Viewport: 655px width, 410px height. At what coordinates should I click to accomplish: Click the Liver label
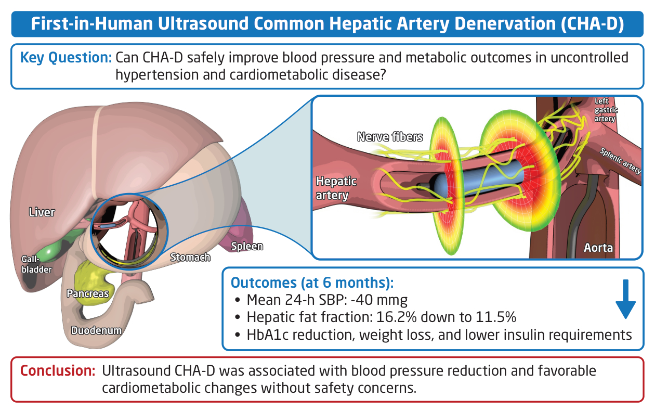42,212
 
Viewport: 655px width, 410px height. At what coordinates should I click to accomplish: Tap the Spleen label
247,246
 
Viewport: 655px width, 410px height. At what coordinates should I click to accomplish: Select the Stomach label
190,257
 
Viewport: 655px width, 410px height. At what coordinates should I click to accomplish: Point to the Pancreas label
88,293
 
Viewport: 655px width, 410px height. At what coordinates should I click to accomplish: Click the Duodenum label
96,330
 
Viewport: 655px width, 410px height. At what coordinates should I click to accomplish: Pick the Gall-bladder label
36,264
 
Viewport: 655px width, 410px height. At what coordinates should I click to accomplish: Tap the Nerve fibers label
390,137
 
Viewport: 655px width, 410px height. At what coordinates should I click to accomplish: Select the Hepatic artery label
336,188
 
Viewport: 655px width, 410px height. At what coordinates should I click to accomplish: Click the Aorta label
598,248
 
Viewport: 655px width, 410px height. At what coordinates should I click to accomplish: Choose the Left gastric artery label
606,110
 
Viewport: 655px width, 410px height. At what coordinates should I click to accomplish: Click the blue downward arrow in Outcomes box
625,299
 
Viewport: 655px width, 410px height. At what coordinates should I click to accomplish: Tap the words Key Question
66,58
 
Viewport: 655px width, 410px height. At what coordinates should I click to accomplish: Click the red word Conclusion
58,370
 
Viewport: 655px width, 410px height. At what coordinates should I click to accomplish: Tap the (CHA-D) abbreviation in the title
593,24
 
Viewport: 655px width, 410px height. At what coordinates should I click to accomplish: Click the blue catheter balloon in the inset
479,180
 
